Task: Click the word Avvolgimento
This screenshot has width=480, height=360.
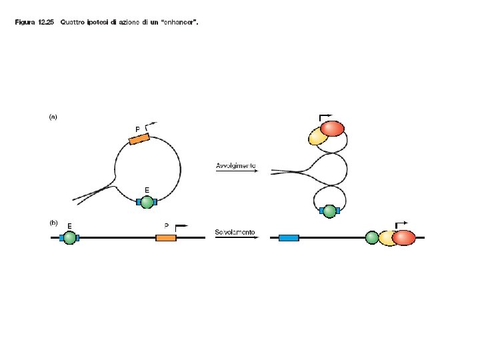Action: (x=235, y=165)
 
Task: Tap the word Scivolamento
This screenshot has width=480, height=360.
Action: (x=235, y=232)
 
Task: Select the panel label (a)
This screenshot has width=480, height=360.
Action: (x=53, y=117)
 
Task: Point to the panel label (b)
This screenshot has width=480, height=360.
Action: (x=53, y=223)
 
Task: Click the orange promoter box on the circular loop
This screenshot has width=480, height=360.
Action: (x=139, y=139)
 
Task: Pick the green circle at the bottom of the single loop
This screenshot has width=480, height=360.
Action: (x=147, y=202)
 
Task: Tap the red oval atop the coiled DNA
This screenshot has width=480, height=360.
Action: (x=332, y=128)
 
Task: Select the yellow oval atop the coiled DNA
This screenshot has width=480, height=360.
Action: (x=318, y=137)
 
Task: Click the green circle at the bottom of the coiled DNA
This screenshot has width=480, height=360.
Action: (x=328, y=211)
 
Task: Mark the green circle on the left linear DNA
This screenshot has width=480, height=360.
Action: (x=69, y=237)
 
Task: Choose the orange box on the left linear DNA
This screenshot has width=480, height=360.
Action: (x=165, y=237)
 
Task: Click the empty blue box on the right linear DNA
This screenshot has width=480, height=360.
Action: (x=289, y=237)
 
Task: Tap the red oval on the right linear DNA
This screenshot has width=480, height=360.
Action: (x=403, y=237)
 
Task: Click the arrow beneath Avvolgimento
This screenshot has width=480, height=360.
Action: (x=235, y=171)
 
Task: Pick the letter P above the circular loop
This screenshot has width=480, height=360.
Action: (x=137, y=128)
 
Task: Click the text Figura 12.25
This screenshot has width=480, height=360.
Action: (x=34, y=22)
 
